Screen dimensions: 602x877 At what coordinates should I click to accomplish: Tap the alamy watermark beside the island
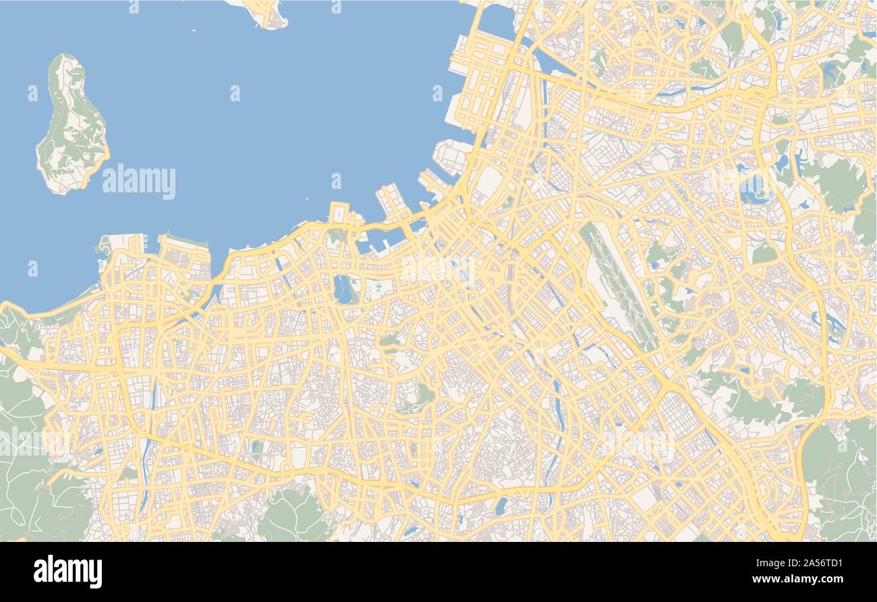pyautogui.click(x=139, y=182)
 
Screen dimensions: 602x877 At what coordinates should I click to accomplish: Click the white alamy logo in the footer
pyautogui.click(x=67, y=571)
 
